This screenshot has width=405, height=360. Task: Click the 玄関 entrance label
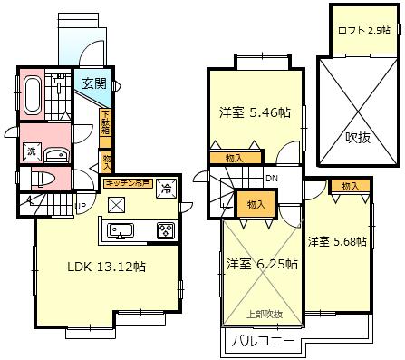click(94, 83)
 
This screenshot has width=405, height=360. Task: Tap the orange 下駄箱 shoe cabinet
click(106, 122)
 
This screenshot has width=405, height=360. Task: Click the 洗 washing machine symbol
click(30, 150)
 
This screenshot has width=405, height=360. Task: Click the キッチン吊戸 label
click(129, 182)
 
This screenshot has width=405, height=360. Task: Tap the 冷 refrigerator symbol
click(168, 190)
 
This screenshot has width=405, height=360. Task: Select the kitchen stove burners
click(167, 230)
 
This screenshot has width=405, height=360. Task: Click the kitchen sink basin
click(123, 229)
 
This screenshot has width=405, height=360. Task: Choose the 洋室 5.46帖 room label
click(255, 113)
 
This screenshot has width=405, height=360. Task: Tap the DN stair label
click(271, 179)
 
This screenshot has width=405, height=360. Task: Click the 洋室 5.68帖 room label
click(336, 241)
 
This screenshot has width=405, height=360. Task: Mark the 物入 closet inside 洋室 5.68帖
click(350, 186)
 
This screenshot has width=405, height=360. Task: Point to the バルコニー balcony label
click(260, 342)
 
